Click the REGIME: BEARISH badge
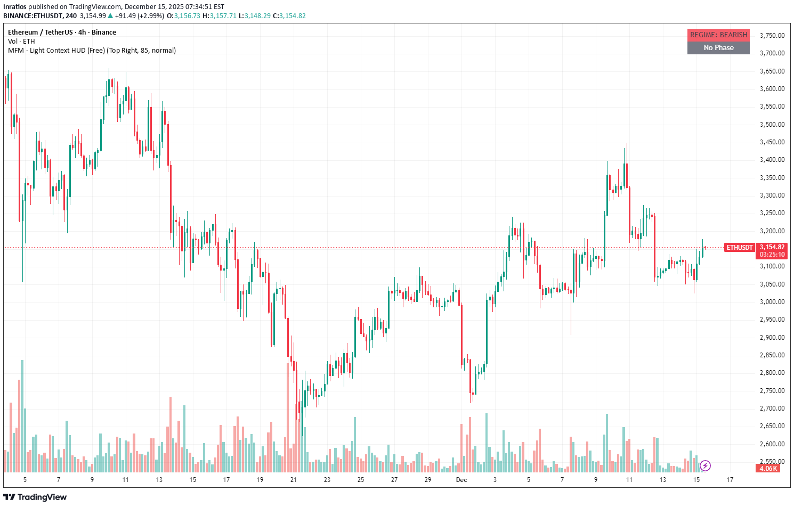point(718,35)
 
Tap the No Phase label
point(718,48)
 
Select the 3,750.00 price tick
point(772,36)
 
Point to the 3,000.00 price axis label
point(772,302)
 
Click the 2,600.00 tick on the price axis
point(772,444)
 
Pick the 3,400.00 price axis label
point(772,160)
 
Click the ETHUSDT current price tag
point(740,248)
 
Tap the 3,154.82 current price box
point(772,247)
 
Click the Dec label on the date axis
point(461,480)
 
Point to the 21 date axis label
point(293,480)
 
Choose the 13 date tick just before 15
point(663,480)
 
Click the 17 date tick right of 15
point(730,480)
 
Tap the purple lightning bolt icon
point(705,466)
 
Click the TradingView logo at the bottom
point(36,497)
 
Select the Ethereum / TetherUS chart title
point(62,32)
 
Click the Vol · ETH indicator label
point(21,42)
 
